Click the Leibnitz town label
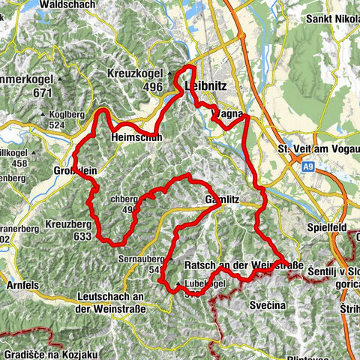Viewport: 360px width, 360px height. (204, 86)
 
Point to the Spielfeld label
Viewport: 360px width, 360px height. (328, 225)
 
